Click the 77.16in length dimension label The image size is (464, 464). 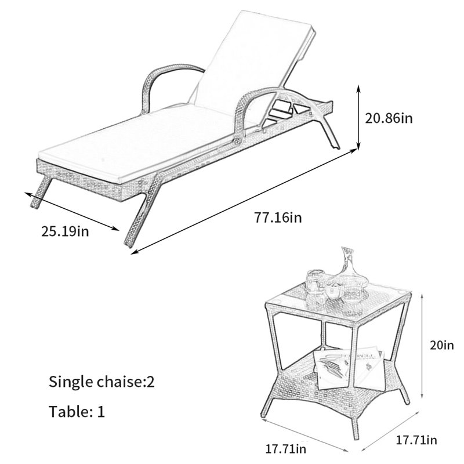278,218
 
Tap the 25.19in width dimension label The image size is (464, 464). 65,231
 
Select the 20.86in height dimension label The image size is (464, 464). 389,118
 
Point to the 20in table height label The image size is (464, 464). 441,345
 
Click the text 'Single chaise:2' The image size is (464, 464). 101,382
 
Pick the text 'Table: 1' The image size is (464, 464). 77,411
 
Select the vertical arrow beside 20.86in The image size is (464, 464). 358,118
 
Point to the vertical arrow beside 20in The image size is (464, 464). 422,346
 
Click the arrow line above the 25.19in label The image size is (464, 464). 71,211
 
